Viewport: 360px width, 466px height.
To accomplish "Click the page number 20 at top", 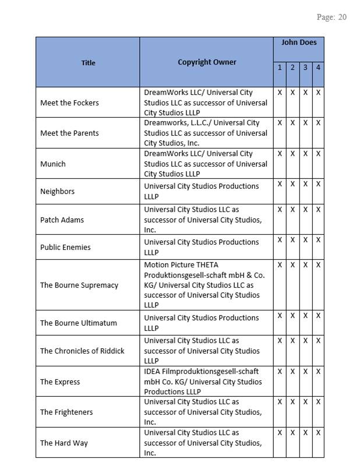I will pyautogui.click(x=341, y=17).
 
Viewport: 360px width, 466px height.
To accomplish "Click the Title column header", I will pyautogui.click(x=88, y=62).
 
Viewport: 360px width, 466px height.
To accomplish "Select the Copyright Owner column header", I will pyautogui.click(x=207, y=62).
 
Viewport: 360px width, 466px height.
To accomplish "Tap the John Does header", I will pyautogui.click(x=298, y=43).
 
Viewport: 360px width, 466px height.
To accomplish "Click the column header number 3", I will pyautogui.click(x=305, y=68).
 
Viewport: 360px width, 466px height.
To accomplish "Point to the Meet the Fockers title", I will pyautogui.click(x=69, y=103).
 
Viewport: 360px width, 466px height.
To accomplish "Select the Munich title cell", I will pyautogui.click(x=52, y=164).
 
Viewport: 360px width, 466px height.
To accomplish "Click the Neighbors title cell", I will pyautogui.click(x=57, y=191).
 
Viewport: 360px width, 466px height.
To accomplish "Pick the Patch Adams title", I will pyautogui.click(x=62, y=220).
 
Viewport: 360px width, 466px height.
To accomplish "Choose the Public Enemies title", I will pyautogui.click(x=65, y=247).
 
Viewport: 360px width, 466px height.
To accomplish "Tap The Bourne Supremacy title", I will pyautogui.click(x=79, y=285).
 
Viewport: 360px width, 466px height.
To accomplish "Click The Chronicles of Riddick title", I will pyautogui.click(x=82, y=351).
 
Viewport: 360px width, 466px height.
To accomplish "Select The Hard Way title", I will pyautogui.click(x=63, y=443).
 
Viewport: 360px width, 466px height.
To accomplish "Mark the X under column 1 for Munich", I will pyautogui.click(x=280, y=154).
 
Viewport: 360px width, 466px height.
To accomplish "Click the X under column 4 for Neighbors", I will pyautogui.click(x=318, y=184).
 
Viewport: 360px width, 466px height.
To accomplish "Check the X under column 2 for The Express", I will pyautogui.click(x=292, y=371).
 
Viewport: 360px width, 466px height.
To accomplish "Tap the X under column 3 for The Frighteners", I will pyautogui.click(x=305, y=402).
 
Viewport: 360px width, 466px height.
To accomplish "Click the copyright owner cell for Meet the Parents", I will pyautogui.click(x=206, y=133).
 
